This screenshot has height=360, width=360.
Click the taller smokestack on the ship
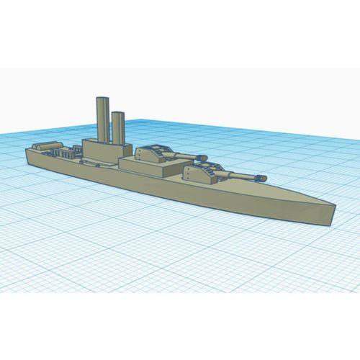pyautogui.click(x=102, y=119)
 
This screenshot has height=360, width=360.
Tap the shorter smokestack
pyautogui.click(x=117, y=128)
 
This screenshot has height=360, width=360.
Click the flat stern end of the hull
pyautogui.click(x=27, y=156)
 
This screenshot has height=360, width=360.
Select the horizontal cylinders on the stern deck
pyautogui.click(x=47, y=146)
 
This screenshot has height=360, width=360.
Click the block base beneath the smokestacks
pyautogui.click(x=101, y=152)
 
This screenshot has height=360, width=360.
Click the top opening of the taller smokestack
pyautogui.click(x=102, y=97)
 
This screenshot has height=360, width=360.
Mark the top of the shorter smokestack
pyautogui.click(x=117, y=112)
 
